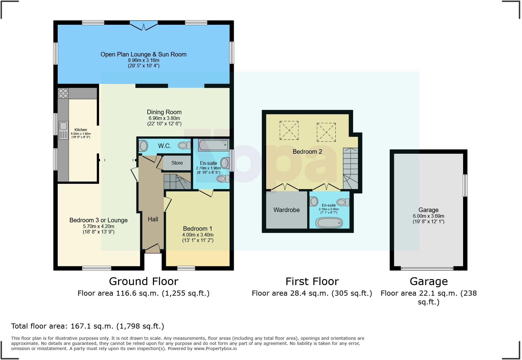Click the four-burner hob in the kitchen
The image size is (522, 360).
click(x=63, y=93)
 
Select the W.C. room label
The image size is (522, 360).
click(x=164, y=146)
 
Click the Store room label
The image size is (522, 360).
click(x=177, y=163)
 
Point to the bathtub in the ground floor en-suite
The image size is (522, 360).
click(x=213, y=145)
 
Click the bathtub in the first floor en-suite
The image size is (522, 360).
click(x=329, y=223)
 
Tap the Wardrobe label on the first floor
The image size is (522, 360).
click(x=286, y=210)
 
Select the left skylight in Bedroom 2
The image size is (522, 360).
click(x=289, y=130)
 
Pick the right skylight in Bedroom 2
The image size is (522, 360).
click(x=326, y=132)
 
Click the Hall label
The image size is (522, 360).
click(x=153, y=219)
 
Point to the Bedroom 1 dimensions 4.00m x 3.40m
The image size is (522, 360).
click(x=198, y=235)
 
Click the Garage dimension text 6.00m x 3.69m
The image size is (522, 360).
click(x=428, y=216)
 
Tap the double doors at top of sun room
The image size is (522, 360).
click(x=144, y=26)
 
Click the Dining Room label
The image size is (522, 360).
click(x=164, y=112)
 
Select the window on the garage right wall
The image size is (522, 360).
click(x=465, y=185)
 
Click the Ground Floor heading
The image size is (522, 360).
click(x=143, y=281)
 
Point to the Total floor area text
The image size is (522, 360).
click(x=88, y=326)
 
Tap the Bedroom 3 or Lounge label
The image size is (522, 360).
click(x=98, y=220)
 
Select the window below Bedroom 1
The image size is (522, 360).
click(x=186, y=268)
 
